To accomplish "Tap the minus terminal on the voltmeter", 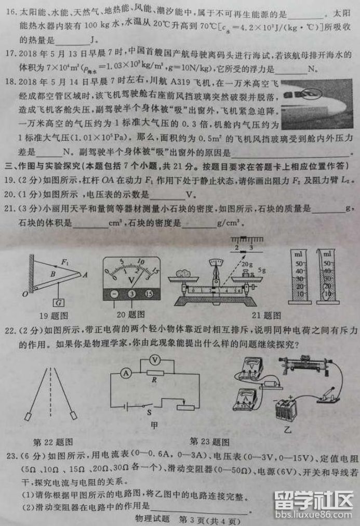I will click(114, 293).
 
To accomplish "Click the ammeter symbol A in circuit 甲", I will click(125, 372).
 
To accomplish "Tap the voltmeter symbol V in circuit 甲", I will click(154, 359).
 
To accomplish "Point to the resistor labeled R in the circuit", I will click(154, 372).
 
